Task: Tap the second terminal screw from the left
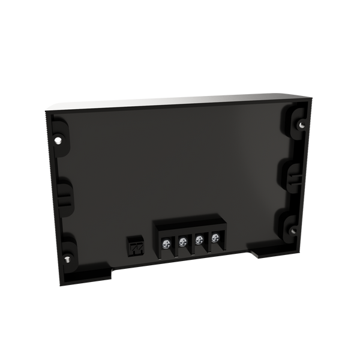[182, 241]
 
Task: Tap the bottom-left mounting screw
[67, 259]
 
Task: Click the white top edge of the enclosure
[180, 99]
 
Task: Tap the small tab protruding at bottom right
[255, 254]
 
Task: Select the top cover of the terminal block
[189, 227]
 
